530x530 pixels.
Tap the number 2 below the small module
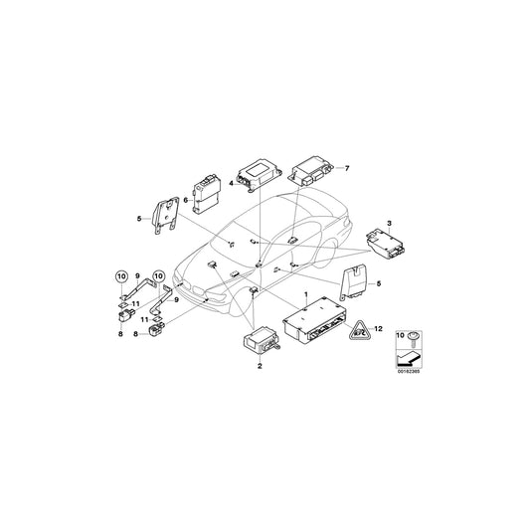pyautogui.click(x=260, y=367)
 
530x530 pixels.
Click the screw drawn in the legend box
pyautogui.click(x=411, y=338)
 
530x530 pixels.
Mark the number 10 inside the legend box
pyautogui.click(x=400, y=338)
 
